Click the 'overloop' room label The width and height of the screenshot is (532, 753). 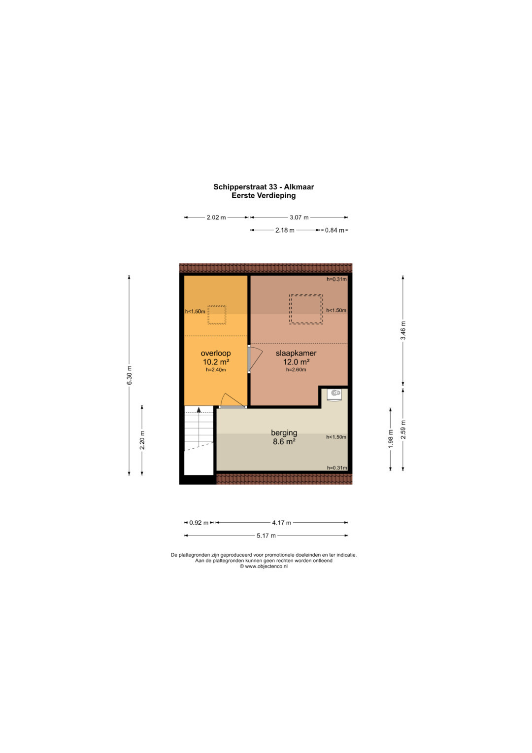click(216, 353)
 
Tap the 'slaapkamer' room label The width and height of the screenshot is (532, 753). click(296, 353)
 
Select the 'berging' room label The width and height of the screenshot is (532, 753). click(284, 433)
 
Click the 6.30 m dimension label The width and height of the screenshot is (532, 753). click(129, 375)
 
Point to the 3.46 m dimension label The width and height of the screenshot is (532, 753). click(403, 330)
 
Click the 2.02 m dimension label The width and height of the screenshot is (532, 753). click(216, 217)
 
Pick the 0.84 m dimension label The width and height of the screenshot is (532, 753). click(334, 230)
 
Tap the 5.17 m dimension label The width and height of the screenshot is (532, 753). click(266, 536)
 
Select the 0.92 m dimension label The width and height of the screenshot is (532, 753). click(199, 523)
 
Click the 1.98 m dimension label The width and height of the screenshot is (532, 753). click(390, 439)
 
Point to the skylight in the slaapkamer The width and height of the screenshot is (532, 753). click(306, 309)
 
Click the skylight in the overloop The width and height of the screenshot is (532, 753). click(217, 315)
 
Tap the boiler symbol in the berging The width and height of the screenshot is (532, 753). click(335, 394)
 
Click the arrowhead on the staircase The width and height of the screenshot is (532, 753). click(199, 410)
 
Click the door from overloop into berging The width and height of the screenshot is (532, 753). click(233, 401)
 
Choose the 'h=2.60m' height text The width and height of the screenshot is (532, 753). click(296, 370)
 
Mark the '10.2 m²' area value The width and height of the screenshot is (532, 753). click(216, 362)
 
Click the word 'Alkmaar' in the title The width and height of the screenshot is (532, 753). click(299, 187)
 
